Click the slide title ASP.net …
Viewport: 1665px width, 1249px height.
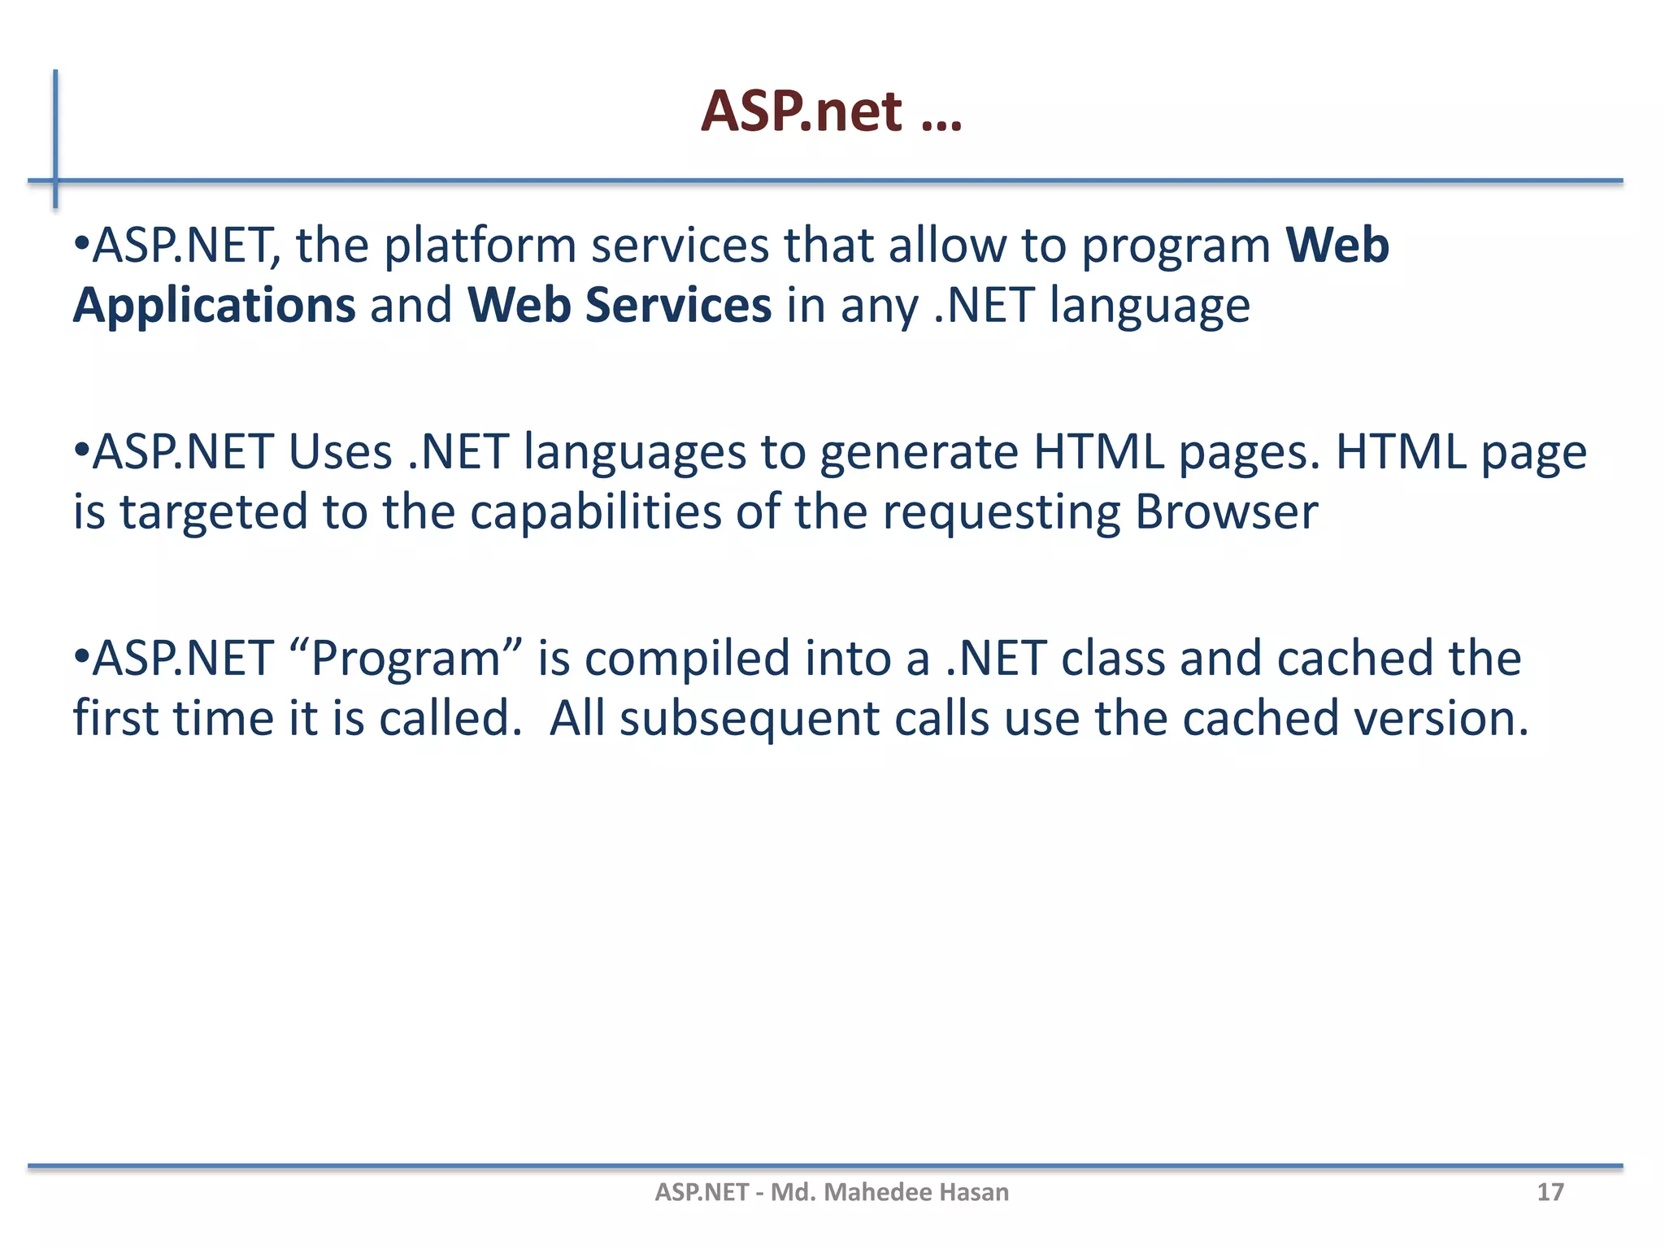[x=831, y=111]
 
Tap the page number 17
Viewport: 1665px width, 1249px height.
[x=1550, y=1192]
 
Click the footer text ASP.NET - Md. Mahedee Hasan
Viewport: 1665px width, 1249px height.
[x=832, y=1192]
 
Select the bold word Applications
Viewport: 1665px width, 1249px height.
[x=214, y=306]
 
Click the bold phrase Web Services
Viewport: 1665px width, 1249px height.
[x=619, y=306]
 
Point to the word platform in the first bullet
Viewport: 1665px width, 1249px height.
[x=480, y=246]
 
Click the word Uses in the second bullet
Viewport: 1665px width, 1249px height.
[x=340, y=452]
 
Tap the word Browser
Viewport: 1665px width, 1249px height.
[x=1226, y=512]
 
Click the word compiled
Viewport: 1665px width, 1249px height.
[x=687, y=659]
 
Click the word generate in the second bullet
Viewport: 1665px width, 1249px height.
[x=918, y=452]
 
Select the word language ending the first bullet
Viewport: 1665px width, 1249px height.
[x=1150, y=306]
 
